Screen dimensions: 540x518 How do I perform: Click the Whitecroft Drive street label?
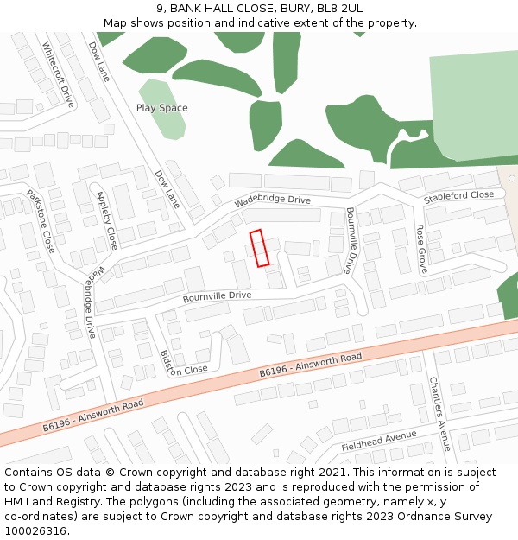[59, 75]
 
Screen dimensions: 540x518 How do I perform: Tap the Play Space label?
[161, 108]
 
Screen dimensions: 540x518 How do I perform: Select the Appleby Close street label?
[107, 220]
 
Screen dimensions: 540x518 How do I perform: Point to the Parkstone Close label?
[41, 221]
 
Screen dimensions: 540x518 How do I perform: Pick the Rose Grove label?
[421, 250]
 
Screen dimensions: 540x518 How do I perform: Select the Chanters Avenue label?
[439, 413]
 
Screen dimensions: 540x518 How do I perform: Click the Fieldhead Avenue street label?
[379, 441]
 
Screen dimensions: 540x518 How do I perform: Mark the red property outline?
[260, 248]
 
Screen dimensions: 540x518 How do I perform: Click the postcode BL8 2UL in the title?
[339, 8]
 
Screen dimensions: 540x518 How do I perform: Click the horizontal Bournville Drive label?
[217, 296]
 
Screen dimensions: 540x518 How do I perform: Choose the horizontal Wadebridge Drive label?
[272, 201]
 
